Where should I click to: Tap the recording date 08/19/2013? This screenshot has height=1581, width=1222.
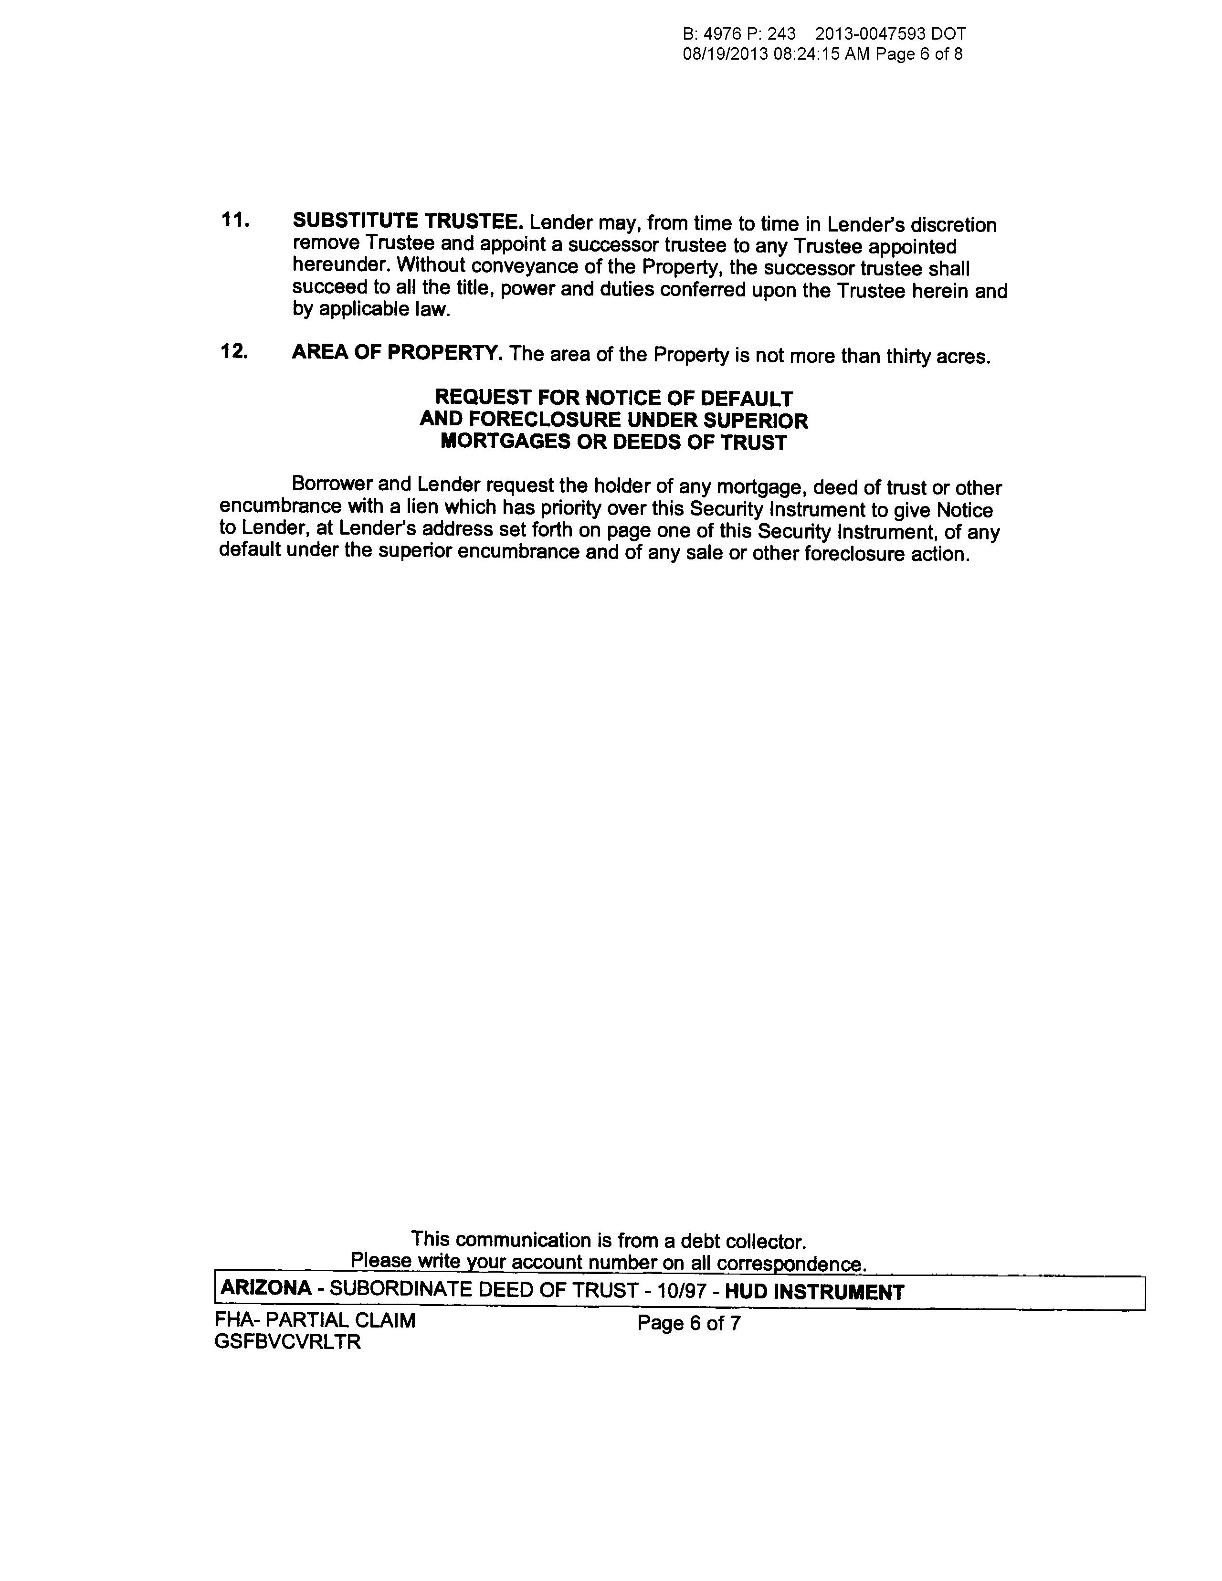coord(725,54)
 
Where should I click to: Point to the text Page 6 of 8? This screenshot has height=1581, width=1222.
coord(919,54)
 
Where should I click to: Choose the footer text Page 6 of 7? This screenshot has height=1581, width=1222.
coord(688,1323)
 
